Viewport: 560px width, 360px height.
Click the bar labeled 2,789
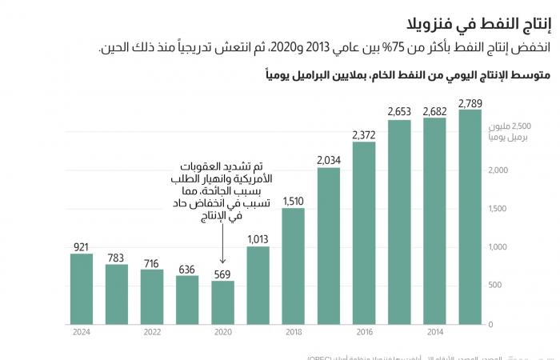pyautogui.click(x=470, y=217)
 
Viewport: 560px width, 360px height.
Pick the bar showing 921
pyautogui.click(x=81, y=289)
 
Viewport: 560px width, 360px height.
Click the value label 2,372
pyautogui.click(x=363, y=134)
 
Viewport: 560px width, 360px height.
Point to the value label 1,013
pyautogui.click(x=258, y=238)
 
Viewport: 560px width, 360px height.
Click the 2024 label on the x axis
pyautogui.click(x=81, y=332)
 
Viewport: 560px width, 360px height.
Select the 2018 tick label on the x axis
pyautogui.click(x=293, y=332)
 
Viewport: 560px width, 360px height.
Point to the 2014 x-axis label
pyautogui.click(x=434, y=332)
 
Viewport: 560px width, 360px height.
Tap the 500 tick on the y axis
pyautogui.click(x=496, y=285)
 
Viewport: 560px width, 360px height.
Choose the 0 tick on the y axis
pyautogui.click(x=490, y=324)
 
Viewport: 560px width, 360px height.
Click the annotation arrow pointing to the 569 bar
pyautogui.click(x=222, y=250)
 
